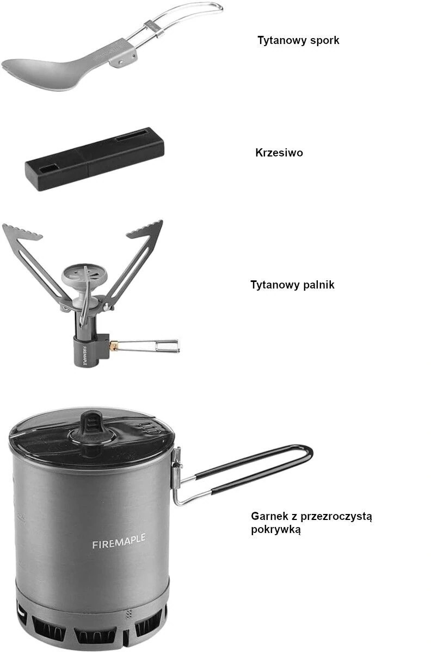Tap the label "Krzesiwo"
[279, 153]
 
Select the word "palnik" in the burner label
[318, 285]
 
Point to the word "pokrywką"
[276, 530]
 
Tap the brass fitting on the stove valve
[114, 345]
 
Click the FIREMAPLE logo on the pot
[119, 542]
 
